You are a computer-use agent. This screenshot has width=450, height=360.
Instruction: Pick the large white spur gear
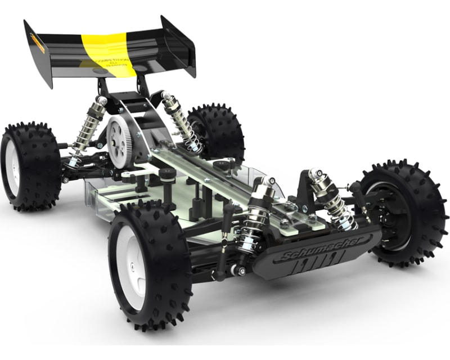click(121, 141)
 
